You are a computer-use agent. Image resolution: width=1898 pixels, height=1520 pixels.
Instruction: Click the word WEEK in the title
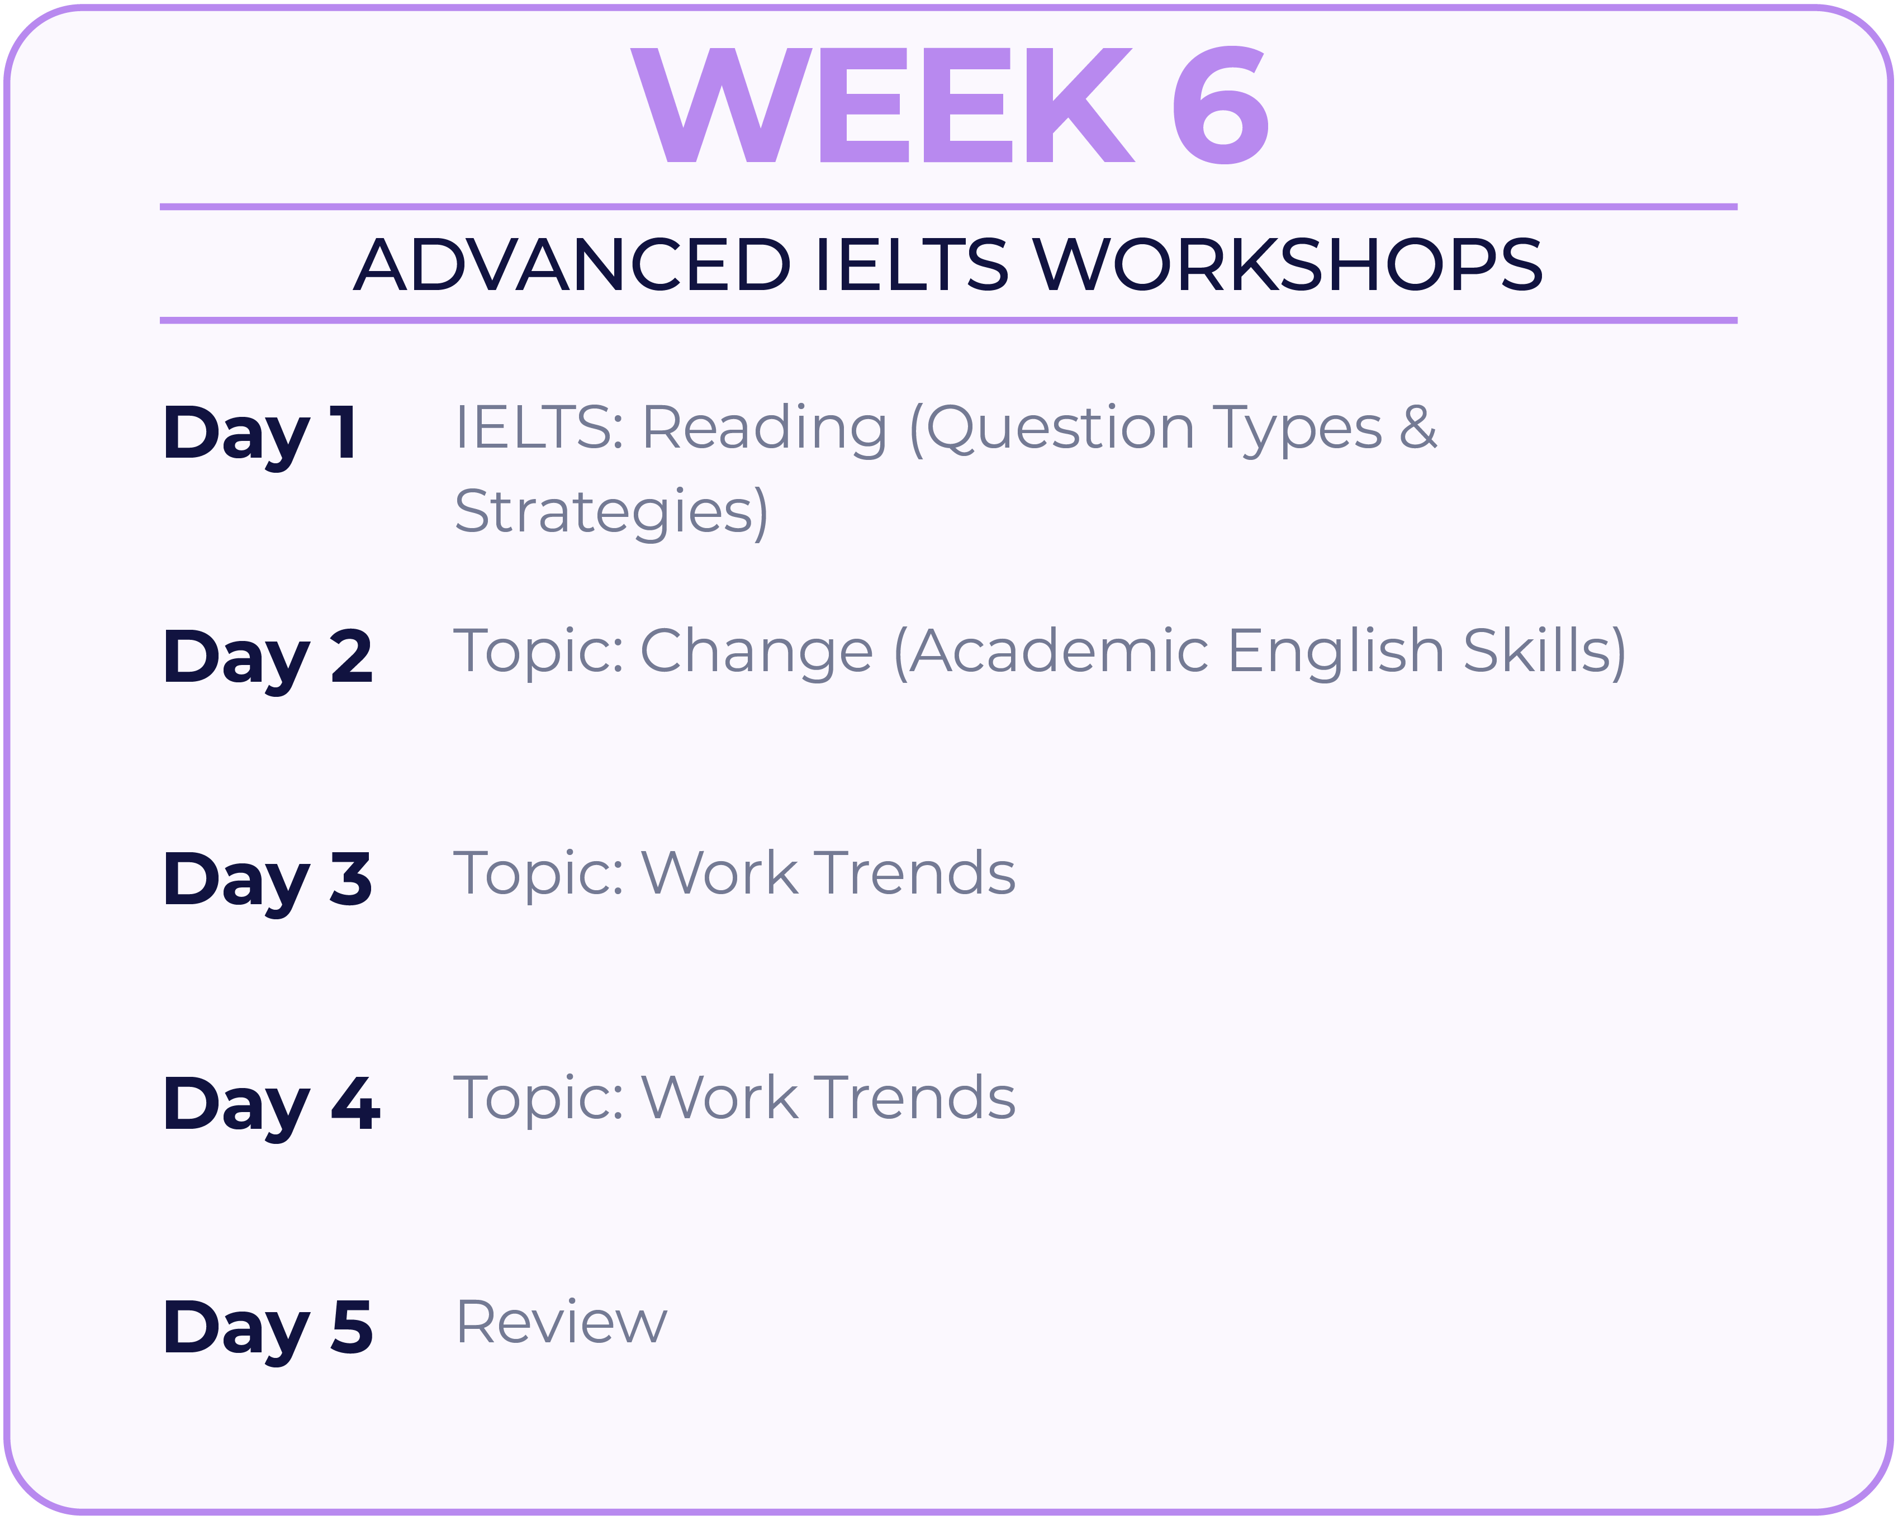883,104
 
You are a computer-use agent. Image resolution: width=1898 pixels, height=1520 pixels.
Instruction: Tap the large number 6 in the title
1220,104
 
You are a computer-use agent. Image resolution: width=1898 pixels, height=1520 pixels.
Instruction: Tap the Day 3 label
268,883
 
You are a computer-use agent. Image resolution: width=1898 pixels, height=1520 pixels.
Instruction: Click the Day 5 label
268,1331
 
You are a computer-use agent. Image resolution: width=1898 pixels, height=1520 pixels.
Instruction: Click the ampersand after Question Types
1419,427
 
